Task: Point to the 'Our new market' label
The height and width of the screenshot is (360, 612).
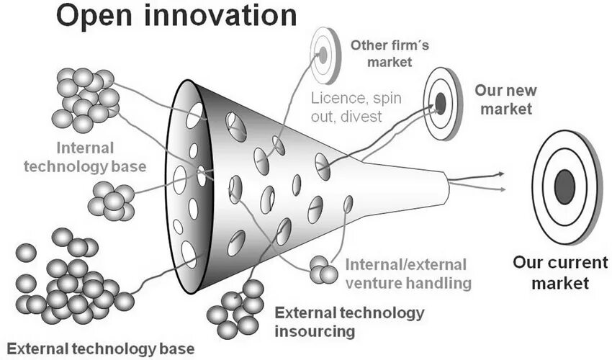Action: point(505,100)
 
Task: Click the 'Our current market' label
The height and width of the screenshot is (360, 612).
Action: point(551,271)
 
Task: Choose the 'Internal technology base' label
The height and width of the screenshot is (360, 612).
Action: point(85,157)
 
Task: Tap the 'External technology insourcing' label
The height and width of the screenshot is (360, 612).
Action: point(350,322)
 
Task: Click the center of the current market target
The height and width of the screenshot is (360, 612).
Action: point(564,186)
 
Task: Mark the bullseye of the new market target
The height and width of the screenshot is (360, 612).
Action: point(441,104)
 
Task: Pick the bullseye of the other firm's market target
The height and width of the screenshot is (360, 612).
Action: point(323,54)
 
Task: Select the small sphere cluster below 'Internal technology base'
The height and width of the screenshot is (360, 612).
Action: point(112,201)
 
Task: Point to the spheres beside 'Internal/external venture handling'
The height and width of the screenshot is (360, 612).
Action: point(323,270)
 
